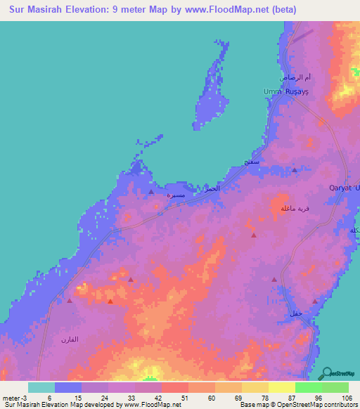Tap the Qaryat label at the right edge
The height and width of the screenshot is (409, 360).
[345, 188]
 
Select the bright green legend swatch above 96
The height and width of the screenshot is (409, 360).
[308, 387]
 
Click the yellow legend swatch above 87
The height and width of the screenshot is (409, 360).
[281, 387]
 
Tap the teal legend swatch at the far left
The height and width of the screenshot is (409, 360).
[41, 387]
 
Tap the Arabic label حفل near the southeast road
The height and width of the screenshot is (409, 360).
[295, 313]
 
